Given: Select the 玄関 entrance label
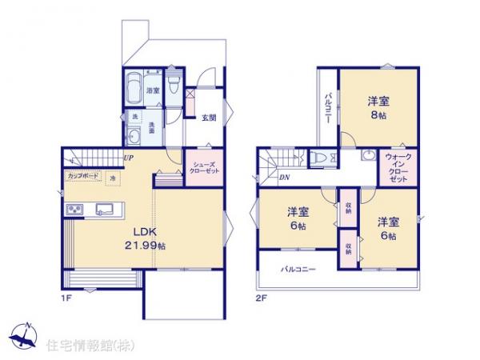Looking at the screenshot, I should tap(209, 118).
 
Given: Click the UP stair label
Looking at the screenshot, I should tap(129, 158).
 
